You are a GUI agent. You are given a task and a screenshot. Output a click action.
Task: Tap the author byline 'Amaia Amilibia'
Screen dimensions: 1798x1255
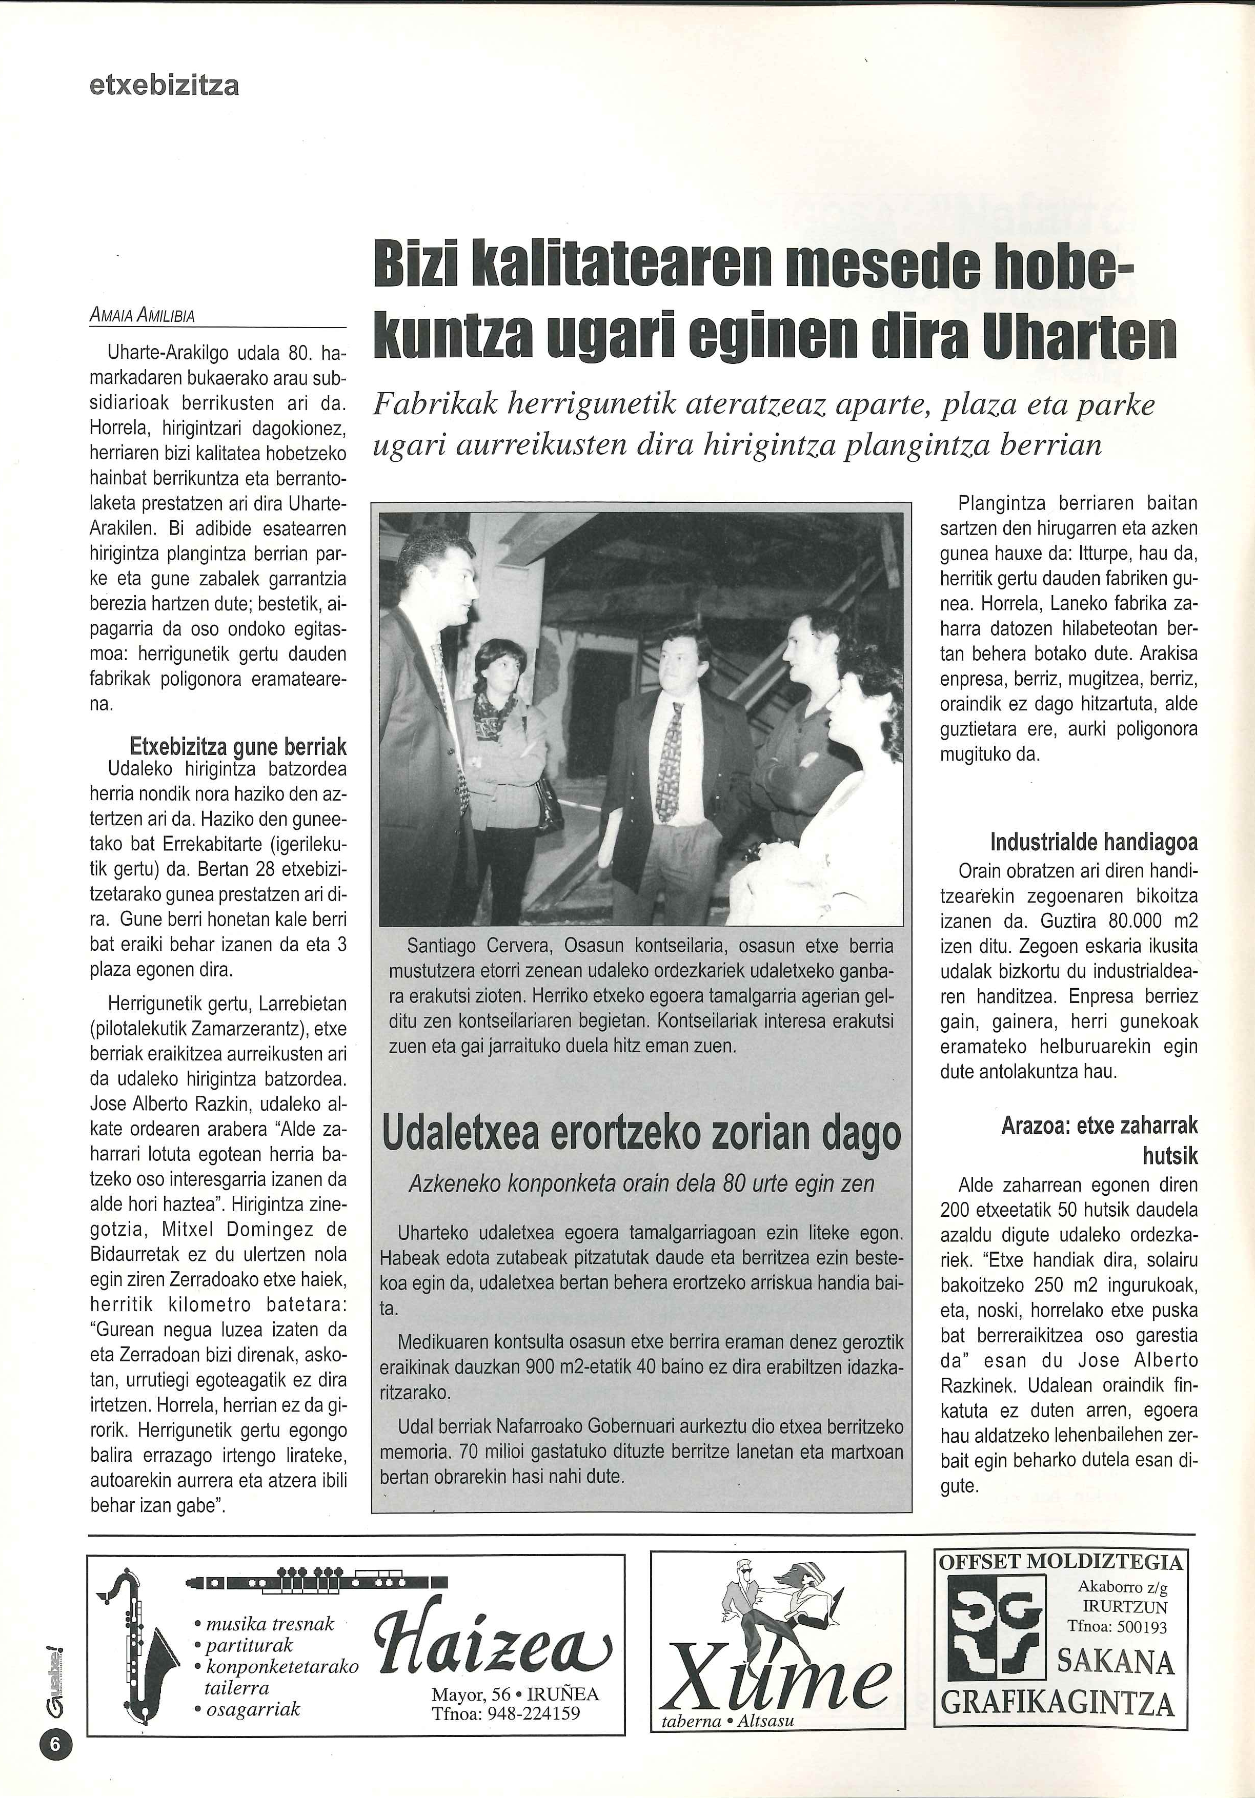[142, 316]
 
